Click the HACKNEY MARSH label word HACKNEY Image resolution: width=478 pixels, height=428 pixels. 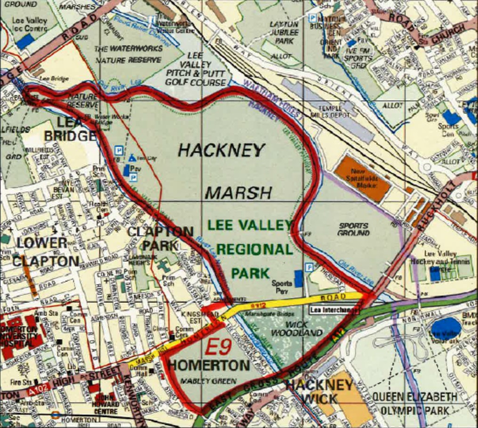point(221,150)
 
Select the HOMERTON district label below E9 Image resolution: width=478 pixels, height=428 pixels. point(209,365)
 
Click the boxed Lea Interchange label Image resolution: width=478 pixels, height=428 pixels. point(334,310)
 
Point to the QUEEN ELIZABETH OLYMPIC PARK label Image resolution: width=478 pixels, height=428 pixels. point(414,404)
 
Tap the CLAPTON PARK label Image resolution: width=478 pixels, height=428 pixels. point(161,238)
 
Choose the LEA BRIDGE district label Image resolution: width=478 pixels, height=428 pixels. point(71,129)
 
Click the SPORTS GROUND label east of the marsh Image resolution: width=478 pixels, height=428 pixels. point(354,229)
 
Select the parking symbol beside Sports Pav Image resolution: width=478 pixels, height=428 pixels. point(310,267)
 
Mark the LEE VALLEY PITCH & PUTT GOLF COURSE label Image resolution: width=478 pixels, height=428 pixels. point(195,68)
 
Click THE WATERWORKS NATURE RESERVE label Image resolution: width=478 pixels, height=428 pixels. point(128,54)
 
